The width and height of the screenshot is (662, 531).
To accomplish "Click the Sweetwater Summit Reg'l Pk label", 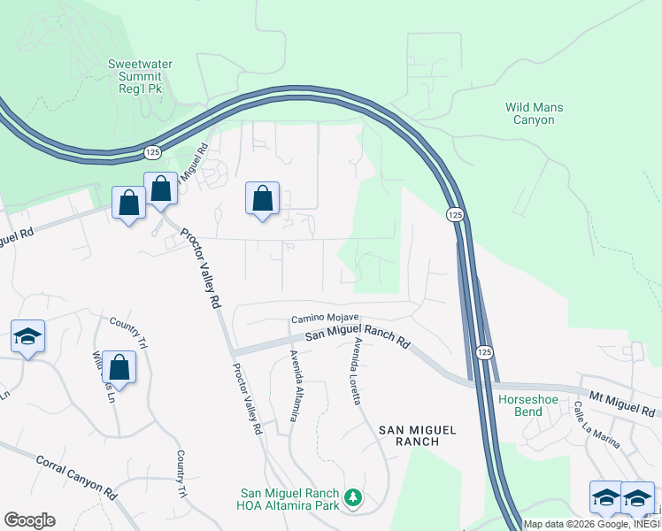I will (140, 77).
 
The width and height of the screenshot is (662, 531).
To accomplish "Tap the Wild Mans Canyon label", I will (534, 113).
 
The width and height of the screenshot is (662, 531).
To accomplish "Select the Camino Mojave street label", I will (325, 319).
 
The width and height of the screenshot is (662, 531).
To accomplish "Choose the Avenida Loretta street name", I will (358, 371).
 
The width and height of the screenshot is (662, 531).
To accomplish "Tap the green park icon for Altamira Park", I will (353, 499).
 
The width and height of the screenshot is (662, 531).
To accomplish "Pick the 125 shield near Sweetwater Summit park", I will (149, 153).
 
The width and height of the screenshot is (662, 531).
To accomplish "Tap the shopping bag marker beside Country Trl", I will (119, 366).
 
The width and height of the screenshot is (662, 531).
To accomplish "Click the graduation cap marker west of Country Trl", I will (27, 336).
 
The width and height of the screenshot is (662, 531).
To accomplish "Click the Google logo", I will (29, 520).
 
